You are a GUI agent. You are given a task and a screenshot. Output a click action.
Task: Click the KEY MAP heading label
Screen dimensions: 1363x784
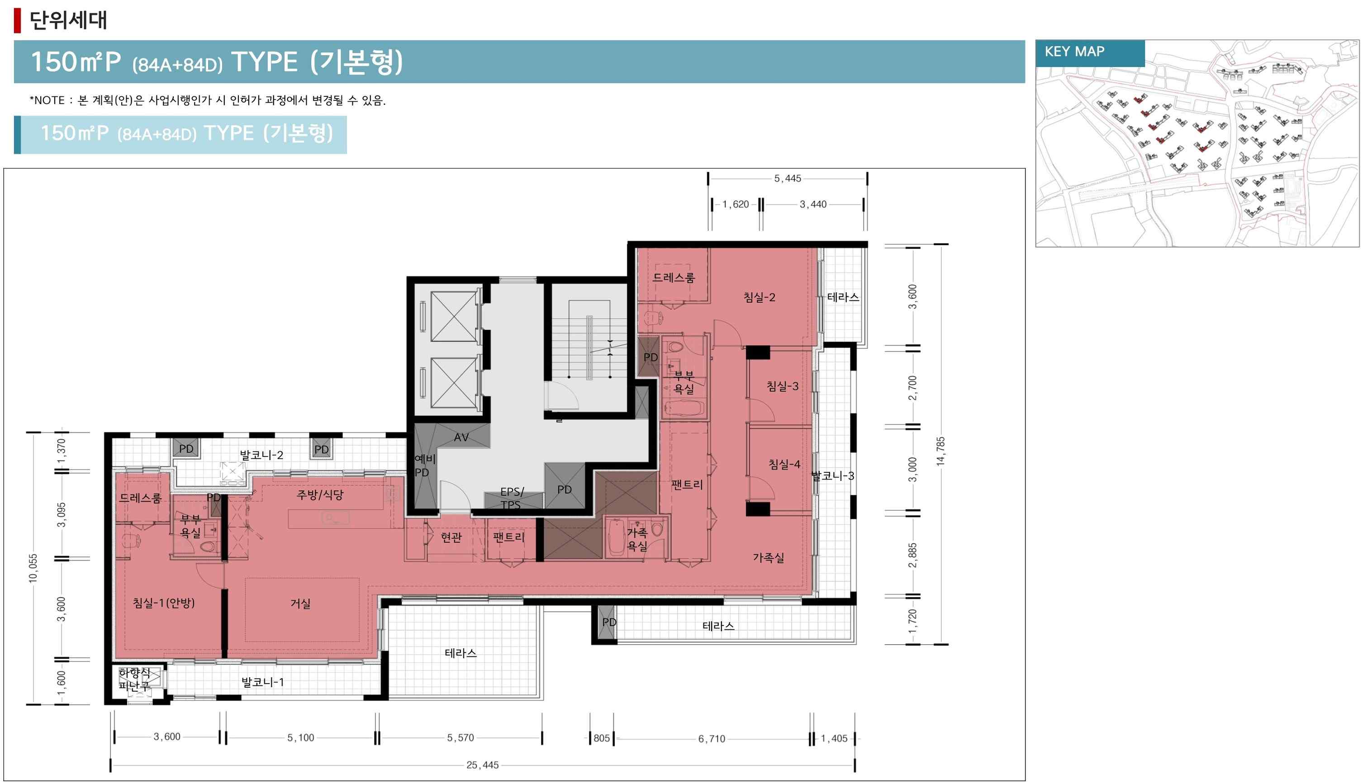click(x=1074, y=52)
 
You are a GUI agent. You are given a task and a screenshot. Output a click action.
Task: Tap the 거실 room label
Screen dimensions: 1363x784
click(x=300, y=603)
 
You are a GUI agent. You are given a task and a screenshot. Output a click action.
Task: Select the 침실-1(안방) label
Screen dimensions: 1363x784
click(x=164, y=603)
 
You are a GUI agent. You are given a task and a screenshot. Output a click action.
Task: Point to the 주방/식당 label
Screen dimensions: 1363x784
click(x=320, y=495)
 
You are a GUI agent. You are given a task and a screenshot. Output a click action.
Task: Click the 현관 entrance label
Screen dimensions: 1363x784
click(x=451, y=537)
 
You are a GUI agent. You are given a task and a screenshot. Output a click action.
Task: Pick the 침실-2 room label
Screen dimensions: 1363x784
click(x=759, y=297)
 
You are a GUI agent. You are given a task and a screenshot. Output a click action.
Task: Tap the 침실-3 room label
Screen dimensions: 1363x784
click(x=782, y=386)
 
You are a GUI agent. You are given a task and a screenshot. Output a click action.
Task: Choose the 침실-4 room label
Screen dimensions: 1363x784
click(x=784, y=464)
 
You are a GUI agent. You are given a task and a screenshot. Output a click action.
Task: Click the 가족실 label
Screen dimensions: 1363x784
click(x=768, y=558)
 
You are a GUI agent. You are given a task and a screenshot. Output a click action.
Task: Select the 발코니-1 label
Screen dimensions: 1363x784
click(x=262, y=682)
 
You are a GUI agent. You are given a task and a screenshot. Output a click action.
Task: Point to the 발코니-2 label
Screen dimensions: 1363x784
click(x=261, y=455)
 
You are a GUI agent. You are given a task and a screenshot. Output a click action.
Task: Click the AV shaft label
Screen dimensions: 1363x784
click(x=461, y=437)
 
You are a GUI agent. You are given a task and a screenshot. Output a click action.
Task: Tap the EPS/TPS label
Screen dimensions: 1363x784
click(x=511, y=498)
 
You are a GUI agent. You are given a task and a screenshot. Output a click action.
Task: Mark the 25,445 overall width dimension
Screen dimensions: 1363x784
click(x=482, y=765)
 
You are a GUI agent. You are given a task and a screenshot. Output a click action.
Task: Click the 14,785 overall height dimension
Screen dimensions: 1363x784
click(x=940, y=451)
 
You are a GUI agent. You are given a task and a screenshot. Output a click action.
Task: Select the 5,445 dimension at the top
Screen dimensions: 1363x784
click(x=788, y=178)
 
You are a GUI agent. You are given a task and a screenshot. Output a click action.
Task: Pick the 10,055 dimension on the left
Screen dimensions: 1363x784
click(x=33, y=568)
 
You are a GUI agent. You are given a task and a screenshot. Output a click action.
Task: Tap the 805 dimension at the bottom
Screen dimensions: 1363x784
click(x=602, y=738)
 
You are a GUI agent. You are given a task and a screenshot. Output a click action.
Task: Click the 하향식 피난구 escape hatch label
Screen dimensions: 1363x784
click(x=134, y=679)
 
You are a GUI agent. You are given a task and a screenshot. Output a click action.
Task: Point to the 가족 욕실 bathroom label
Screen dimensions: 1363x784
click(x=637, y=539)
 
